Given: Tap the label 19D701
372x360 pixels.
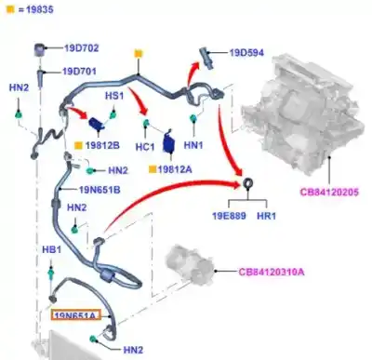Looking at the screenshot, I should [x=82, y=71].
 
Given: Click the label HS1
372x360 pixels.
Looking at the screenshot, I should [x=113, y=96].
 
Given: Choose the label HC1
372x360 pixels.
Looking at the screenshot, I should [x=145, y=147].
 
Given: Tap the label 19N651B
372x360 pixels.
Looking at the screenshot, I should [x=100, y=189].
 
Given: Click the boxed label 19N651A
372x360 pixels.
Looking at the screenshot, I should [x=75, y=316].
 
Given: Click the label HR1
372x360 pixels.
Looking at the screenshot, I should [x=267, y=214].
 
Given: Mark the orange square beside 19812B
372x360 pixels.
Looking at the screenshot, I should [x=77, y=147].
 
